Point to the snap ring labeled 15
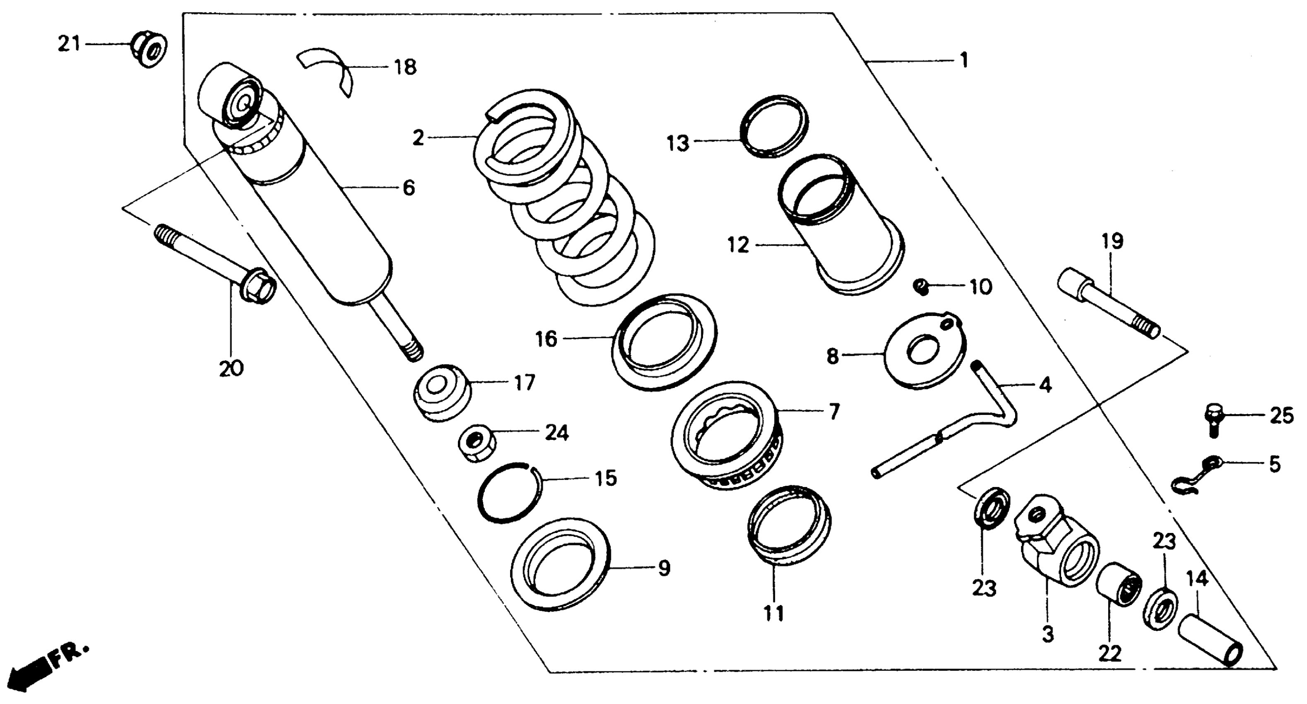(510, 492)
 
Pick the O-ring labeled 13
(774, 126)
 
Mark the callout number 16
(546, 339)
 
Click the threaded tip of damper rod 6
(412, 350)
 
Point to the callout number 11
(773, 614)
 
